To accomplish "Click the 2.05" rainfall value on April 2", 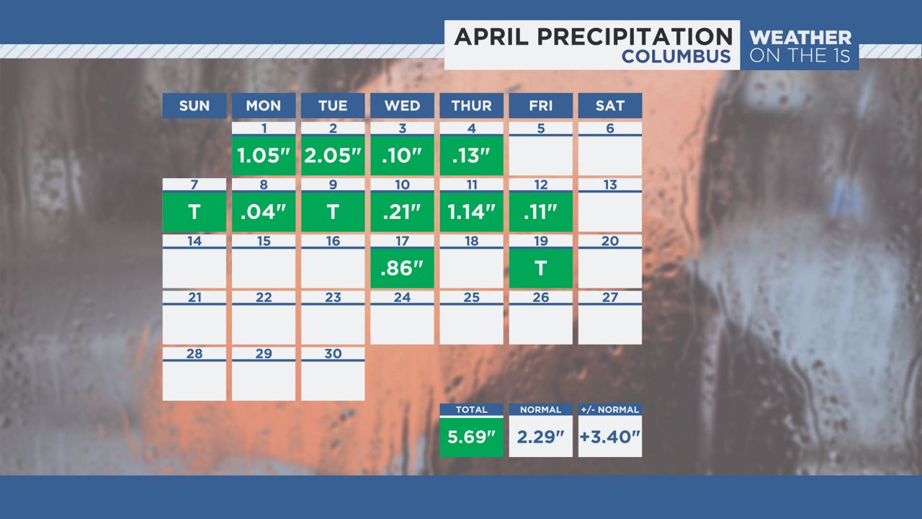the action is coord(333,156).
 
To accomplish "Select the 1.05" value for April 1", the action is coord(264,156).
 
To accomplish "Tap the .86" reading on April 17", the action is coord(402,268).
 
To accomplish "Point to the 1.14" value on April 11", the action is coord(471,212).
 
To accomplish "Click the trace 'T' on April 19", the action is coord(540,268).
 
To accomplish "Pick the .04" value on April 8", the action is coord(264,212).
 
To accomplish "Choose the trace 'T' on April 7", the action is coord(194,212).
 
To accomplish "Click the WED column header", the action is coord(402,106).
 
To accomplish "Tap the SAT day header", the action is coord(610,106).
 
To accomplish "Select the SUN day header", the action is coord(194,106).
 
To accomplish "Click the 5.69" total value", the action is coord(471,437).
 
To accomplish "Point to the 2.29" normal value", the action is coord(540,437).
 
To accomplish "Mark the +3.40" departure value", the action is coord(610,437).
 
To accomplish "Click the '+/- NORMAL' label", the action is coord(610,409).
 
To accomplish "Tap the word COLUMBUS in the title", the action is coord(676,56).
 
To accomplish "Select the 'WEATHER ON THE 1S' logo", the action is coord(800,45).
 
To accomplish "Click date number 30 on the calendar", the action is coord(333,353).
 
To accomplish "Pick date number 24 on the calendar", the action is coord(402,297).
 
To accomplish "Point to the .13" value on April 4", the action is coord(471,156).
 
